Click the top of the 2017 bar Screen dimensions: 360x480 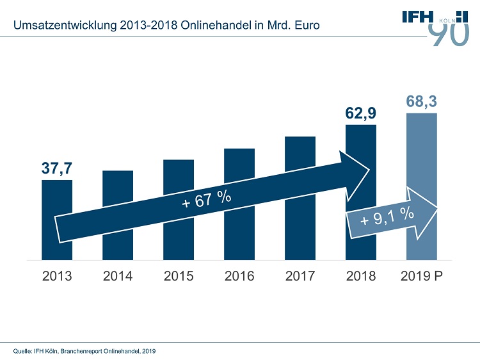tap(300, 138)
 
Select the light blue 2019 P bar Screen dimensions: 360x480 tap(422, 160)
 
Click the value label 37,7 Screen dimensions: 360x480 tap(56, 168)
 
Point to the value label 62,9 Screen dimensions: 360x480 tap(360, 113)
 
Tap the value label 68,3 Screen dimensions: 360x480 tap(421, 101)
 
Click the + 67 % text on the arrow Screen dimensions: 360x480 tap(206, 200)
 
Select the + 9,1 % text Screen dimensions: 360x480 tap(387, 217)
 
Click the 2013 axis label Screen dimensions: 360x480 tap(57, 277)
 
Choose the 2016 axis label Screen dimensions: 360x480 tap(239, 277)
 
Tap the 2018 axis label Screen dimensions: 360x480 tap(361, 277)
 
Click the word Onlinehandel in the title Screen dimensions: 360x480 tap(214, 26)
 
